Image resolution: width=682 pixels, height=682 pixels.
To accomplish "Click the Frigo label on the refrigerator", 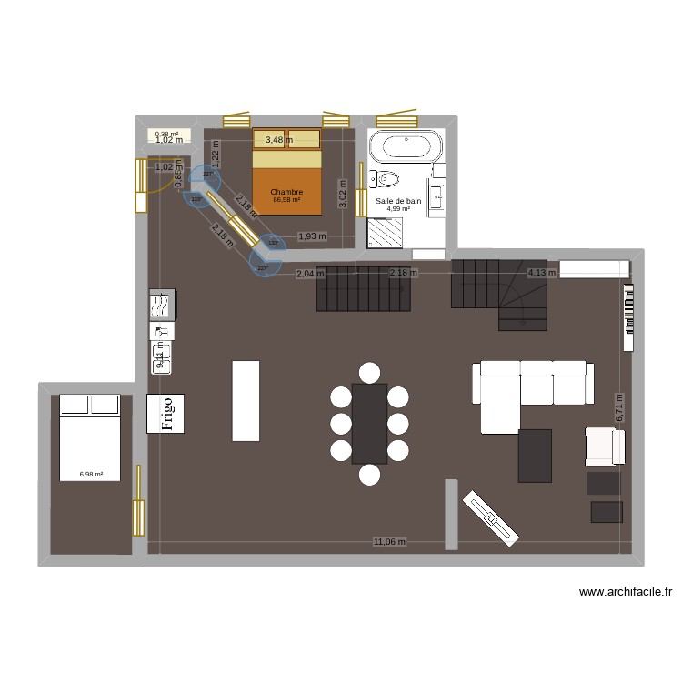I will (x=166, y=413).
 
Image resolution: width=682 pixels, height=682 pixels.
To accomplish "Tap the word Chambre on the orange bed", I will (x=286, y=192).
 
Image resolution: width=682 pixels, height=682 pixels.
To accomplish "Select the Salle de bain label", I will (x=398, y=200).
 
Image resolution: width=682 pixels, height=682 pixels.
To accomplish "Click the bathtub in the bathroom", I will (x=406, y=148).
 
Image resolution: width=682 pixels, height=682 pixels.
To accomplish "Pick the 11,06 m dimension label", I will (x=388, y=541).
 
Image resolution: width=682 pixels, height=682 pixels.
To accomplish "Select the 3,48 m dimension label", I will (x=279, y=139).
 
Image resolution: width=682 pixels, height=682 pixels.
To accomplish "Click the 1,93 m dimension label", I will (x=312, y=236).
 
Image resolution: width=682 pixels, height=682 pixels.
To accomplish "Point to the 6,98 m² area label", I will (x=91, y=474).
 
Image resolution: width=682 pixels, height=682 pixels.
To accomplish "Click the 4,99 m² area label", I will (x=398, y=209).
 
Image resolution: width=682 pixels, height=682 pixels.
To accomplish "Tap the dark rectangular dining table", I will (x=369, y=423).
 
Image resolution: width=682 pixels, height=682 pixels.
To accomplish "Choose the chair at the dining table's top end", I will (x=369, y=372).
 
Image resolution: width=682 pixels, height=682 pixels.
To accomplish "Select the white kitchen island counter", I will (x=246, y=400).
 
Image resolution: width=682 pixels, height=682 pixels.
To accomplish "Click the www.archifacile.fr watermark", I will (x=626, y=592).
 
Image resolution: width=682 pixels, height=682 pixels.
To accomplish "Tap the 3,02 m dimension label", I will (x=343, y=192).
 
